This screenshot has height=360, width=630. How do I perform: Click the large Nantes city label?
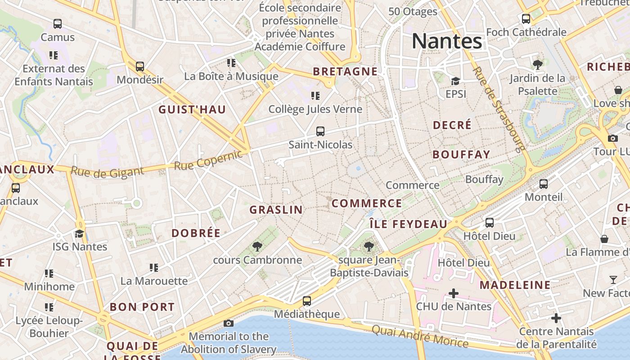pos(447,41)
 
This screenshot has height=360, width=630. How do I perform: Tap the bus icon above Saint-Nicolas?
pos(320,131)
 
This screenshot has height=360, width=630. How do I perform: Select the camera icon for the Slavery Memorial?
pos(229,323)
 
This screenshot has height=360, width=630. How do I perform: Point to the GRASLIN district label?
pos(276,210)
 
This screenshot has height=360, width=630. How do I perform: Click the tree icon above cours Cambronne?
pos(257,246)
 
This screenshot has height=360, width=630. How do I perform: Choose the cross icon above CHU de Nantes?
pos(454,293)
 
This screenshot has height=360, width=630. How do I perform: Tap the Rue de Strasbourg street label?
pos(499,109)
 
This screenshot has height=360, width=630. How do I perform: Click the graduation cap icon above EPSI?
pos(455,81)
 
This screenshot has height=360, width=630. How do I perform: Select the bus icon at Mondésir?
pos(140,67)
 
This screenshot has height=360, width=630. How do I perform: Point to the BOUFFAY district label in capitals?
pos(461,154)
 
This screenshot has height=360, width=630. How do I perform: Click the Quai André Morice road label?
pos(420,336)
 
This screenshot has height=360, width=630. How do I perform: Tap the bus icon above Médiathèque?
pos(307,301)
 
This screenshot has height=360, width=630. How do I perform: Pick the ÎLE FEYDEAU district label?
pos(409,224)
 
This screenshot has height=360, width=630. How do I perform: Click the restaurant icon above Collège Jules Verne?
pos(315,95)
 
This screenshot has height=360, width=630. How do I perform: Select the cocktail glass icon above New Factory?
pos(613,280)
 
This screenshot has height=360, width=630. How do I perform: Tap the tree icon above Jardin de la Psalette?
pos(537,64)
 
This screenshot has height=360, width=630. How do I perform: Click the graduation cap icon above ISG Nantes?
pos(80,233)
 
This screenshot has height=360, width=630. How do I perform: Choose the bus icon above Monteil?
pos(544,184)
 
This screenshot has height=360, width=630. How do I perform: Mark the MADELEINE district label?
pos(515,285)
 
